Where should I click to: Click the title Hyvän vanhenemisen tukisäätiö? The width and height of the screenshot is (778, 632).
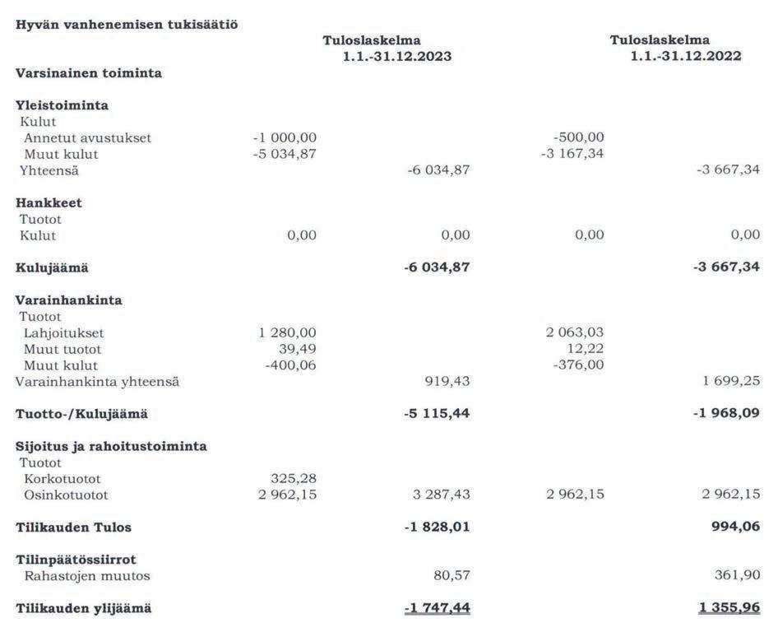(127, 24)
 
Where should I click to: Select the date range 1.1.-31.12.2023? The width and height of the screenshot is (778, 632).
(397, 57)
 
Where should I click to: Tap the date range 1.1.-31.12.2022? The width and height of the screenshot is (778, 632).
(686, 57)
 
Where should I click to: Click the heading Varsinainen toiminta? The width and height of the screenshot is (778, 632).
(89, 73)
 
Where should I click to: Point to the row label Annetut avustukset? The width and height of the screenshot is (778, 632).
(87, 138)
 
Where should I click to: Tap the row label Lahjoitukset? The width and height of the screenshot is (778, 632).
(64, 333)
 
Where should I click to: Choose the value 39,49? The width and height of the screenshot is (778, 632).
(298, 349)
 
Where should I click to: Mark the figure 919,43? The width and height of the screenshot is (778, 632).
(444, 382)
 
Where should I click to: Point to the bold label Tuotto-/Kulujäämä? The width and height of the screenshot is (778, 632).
(82, 414)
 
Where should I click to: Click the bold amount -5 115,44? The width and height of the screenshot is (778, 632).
(437, 414)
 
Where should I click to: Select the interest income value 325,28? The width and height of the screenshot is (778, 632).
(294, 479)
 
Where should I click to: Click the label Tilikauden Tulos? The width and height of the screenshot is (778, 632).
(73, 527)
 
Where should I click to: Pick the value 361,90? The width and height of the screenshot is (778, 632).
(738, 576)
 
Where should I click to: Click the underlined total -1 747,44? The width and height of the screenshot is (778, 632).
(437, 609)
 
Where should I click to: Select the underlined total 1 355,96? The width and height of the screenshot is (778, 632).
(727, 609)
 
